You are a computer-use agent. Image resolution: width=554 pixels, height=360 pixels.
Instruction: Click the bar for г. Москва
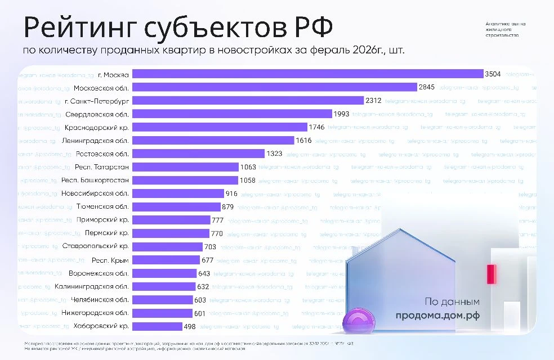tap(307, 74)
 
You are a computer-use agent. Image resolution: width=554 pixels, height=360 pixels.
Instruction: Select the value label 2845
tap(426, 87)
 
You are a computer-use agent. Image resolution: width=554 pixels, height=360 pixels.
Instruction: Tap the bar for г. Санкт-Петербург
tap(248, 101)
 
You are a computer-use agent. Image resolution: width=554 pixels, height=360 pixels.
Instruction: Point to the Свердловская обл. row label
tap(97, 114)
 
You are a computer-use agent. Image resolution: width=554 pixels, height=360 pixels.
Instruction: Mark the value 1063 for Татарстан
tap(248, 166)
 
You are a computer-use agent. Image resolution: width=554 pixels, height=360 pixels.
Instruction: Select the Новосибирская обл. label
tap(99, 193)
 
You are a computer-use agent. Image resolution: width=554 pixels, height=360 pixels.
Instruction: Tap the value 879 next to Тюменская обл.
tap(228, 206)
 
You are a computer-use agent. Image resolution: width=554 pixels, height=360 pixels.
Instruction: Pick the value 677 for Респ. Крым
tap(207, 260)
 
